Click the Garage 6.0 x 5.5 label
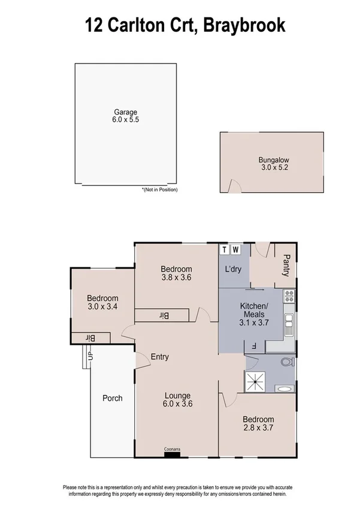click(x=126, y=116)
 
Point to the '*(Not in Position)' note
click(x=159, y=189)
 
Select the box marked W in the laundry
click(x=236, y=249)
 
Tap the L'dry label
click(x=232, y=269)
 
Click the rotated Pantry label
click(x=286, y=265)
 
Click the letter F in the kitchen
click(x=254, y=345)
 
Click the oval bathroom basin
click(x=284, y=389)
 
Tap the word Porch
click(x=113, y=398)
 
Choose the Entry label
click(x=159, y=357)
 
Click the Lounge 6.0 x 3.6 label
click(x=179, y=400)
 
